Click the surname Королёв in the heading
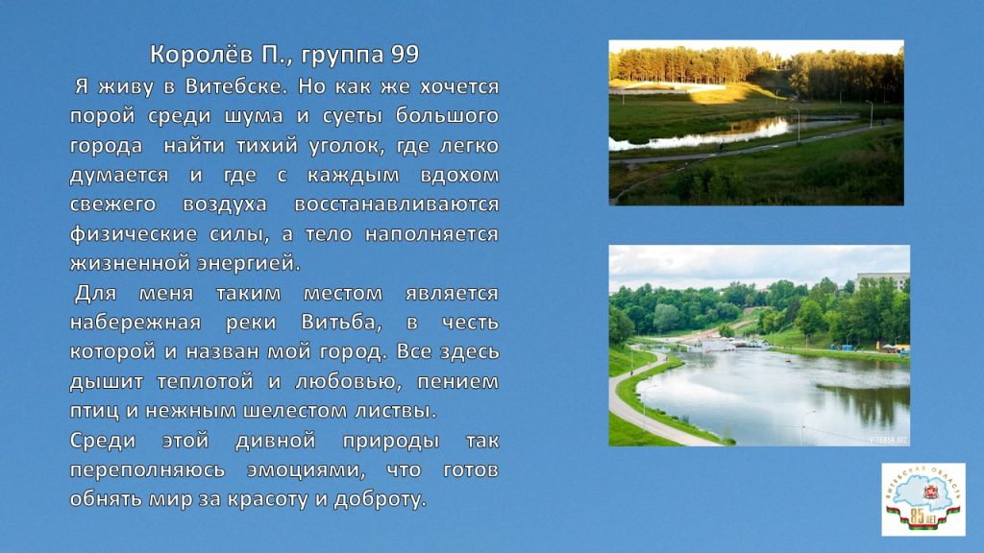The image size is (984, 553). pos(202,55)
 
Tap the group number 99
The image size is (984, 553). pos(405,55)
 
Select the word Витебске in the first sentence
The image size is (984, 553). pos(236,85)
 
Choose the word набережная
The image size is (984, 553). pos(135,323)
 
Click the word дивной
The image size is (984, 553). pos(276,441)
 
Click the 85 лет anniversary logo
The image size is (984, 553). pos(923,499)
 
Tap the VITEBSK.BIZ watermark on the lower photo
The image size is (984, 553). pos(888,440)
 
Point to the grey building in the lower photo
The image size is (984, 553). pos(883,280)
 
